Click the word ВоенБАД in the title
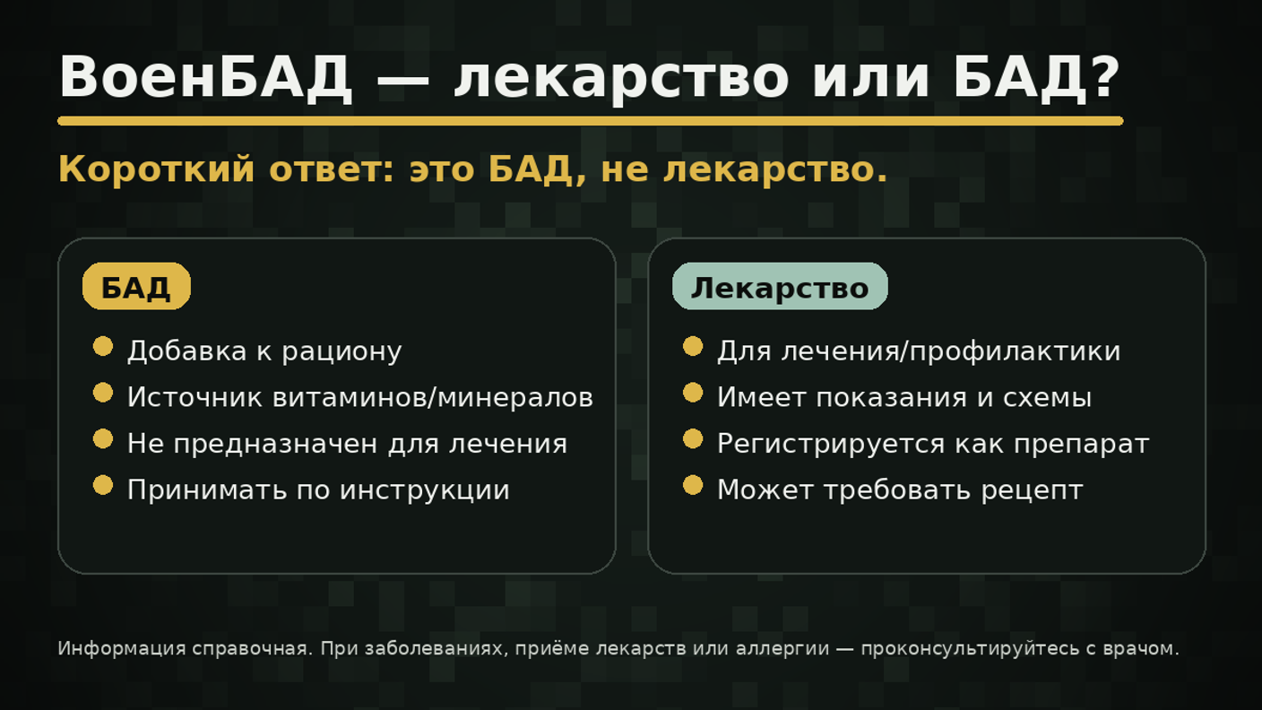click(205, 78)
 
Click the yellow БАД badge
click(136, 287)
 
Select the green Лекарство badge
click(780, 287)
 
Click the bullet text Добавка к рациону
click(264, 351)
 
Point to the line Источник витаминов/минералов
click(359, 397)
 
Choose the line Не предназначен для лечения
click(347, 444)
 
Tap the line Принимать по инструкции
click(318, 490)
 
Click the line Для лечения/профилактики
click(919, 351)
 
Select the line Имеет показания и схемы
click(904, 397)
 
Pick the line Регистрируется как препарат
click(932, 444)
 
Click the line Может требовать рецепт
click(900, 490)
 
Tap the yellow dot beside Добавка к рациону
click(103, 346)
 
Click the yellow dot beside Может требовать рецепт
click(693, 485)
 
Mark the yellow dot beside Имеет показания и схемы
click(693, 393)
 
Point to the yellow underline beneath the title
click(590, 121)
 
